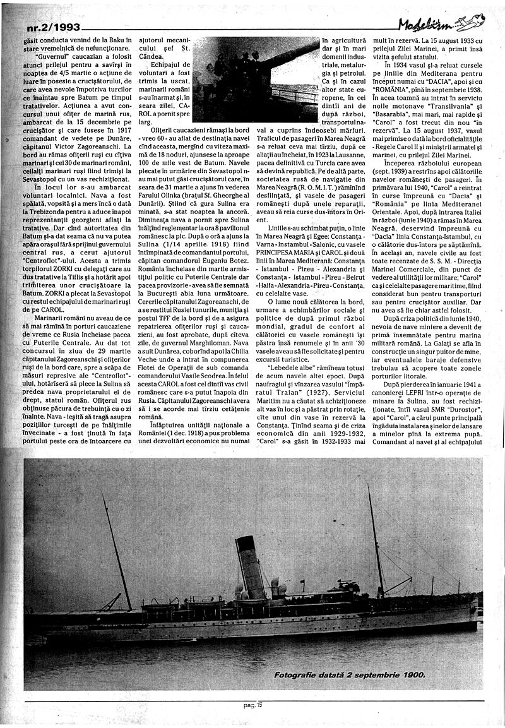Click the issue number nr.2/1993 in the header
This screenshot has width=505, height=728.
(x=54, y=27)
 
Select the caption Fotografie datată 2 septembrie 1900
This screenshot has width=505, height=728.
(x=349, y=675)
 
